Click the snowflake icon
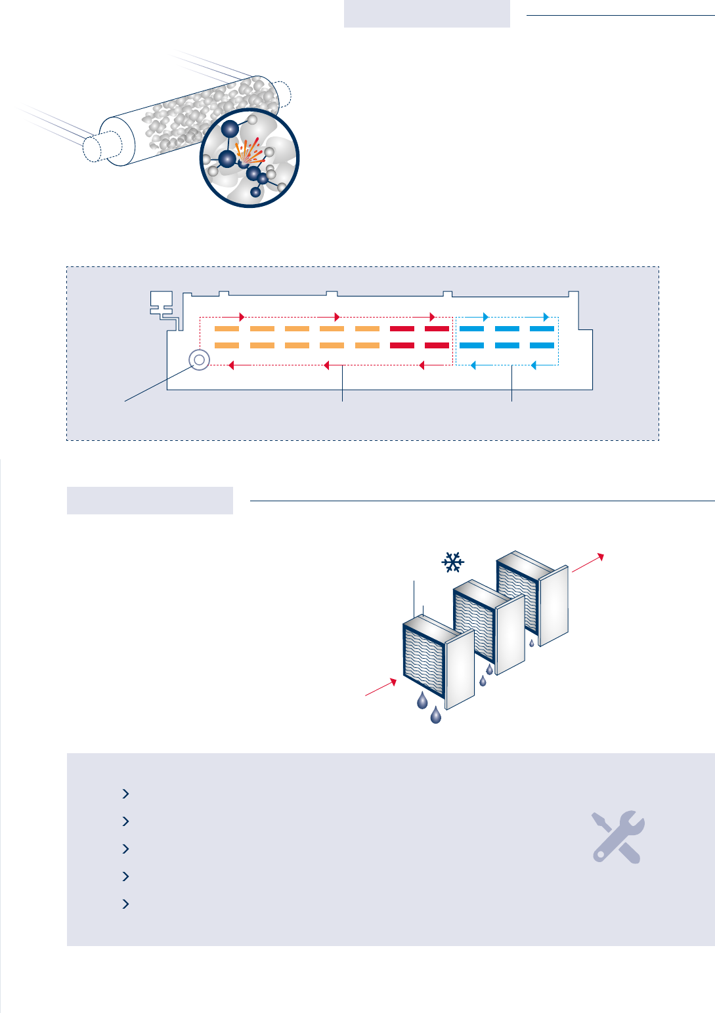click(452, 562)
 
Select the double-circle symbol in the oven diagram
click(199, 360)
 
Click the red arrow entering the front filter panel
click(381, 687)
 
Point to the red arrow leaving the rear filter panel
click(587, 563)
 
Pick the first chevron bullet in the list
click(125, 794)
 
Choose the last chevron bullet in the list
click(125, 904)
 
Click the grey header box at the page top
click(427, 14)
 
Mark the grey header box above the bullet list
click(150, 501)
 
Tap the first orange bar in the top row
click(227, 329)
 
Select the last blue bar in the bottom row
click(542, 345)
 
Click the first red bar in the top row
click(402, 329)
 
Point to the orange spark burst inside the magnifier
click(248, 153)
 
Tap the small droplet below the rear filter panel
click(532, 644)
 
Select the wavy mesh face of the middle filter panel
click(473, 624)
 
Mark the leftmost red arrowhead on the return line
click(230, 365)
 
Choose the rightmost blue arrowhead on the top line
click(546, 318)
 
